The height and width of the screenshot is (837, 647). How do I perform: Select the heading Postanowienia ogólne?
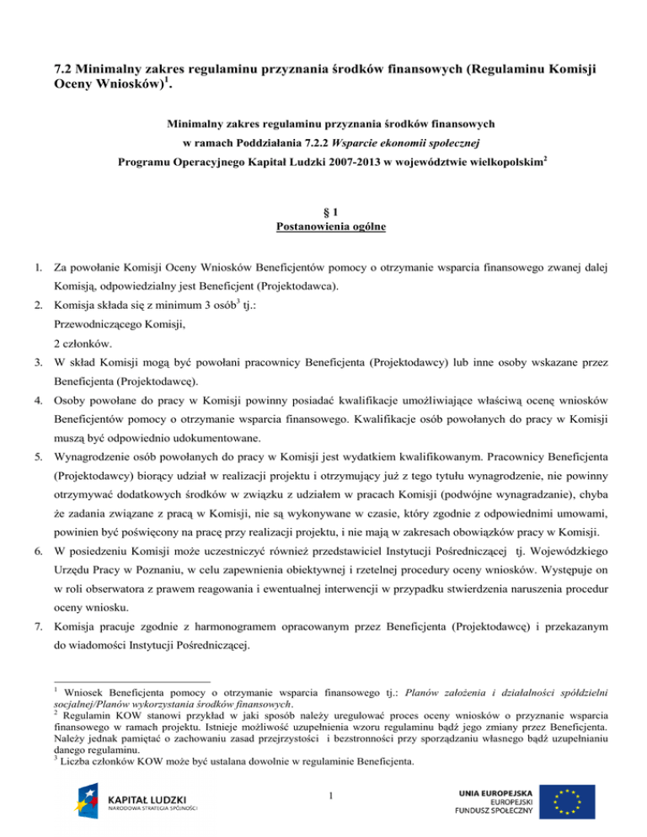pyautogui.click(x=324, y=227)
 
